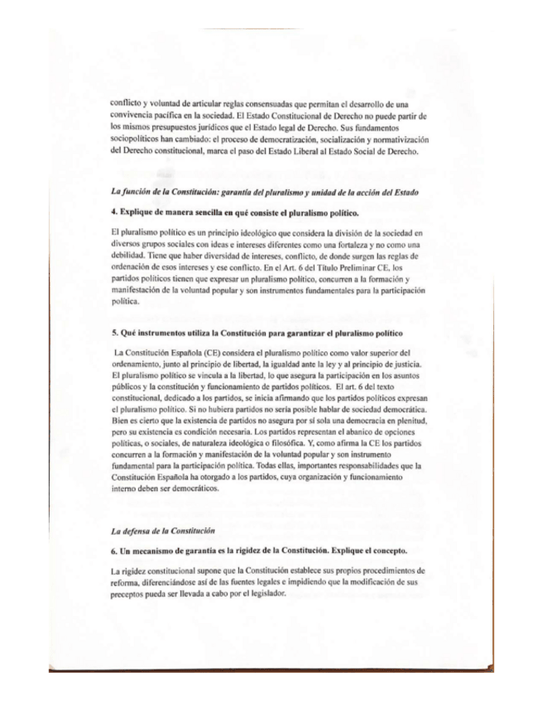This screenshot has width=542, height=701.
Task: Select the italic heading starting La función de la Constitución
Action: pyautogui.click(x=263, y=191)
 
